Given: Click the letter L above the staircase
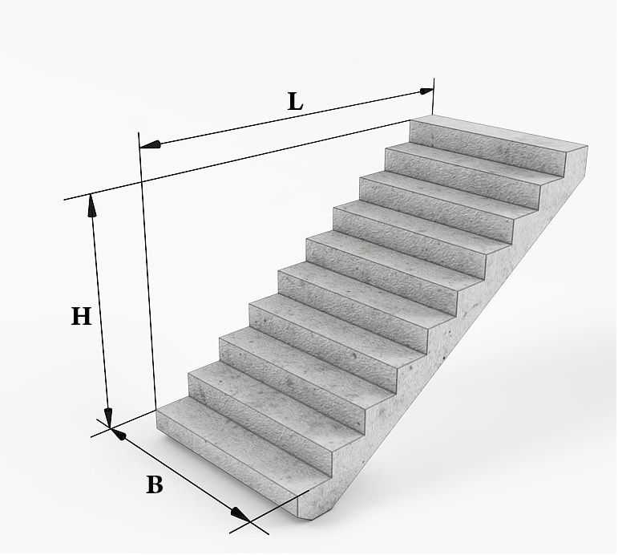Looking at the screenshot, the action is click(295, 101).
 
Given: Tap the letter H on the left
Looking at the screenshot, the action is click(81, 316).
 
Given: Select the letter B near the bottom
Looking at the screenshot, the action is click(155, 484).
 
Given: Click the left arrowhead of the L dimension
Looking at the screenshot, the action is click(150, 145).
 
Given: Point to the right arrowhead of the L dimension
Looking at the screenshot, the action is click(426, 91).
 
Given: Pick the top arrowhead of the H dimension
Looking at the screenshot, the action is click(92, 205).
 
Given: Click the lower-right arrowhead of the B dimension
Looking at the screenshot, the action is click(240, 515).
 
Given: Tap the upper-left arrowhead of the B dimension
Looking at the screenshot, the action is click(119, 435).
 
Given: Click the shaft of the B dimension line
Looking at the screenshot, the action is click(181, 475).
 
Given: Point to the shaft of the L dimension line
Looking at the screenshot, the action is click(286, 118).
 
